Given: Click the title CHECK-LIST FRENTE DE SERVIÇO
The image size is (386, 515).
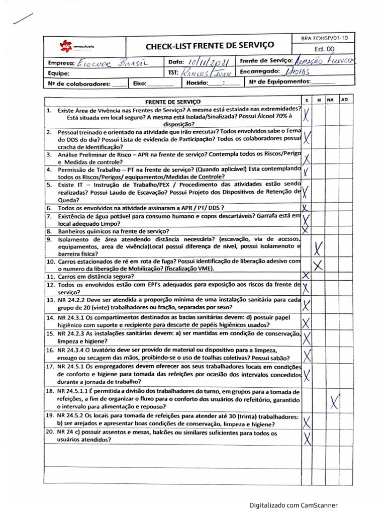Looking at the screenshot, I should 210,46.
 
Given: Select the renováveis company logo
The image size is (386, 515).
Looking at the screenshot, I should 77,46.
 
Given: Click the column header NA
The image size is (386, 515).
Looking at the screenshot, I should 330,100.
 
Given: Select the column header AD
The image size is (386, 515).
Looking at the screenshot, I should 344,100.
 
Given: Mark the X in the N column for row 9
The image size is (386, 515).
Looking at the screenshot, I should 318,248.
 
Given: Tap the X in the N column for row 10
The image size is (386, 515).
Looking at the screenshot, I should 318,265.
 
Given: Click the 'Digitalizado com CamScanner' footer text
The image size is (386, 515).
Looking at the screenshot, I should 294,505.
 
